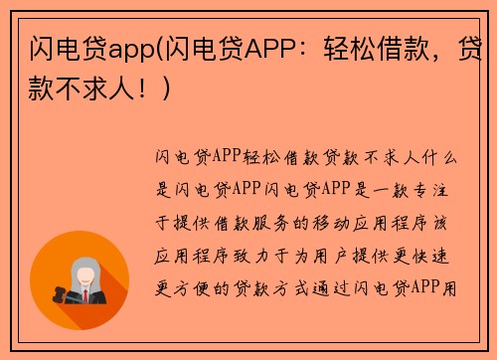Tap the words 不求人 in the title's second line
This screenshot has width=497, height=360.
point(99,89)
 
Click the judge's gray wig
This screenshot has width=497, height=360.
point(85,265)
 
